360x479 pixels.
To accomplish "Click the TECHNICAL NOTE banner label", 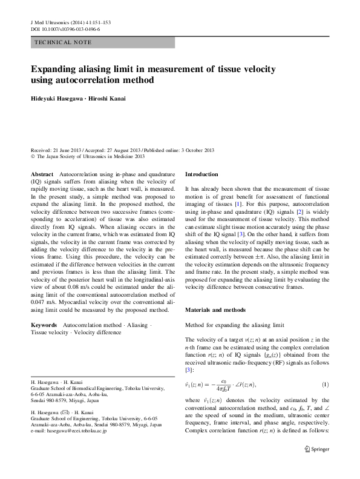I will (61, 43).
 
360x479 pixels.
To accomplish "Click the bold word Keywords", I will (44, 325).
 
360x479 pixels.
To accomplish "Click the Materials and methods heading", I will (215, 310).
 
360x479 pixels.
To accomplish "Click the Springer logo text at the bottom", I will (320, 466).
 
